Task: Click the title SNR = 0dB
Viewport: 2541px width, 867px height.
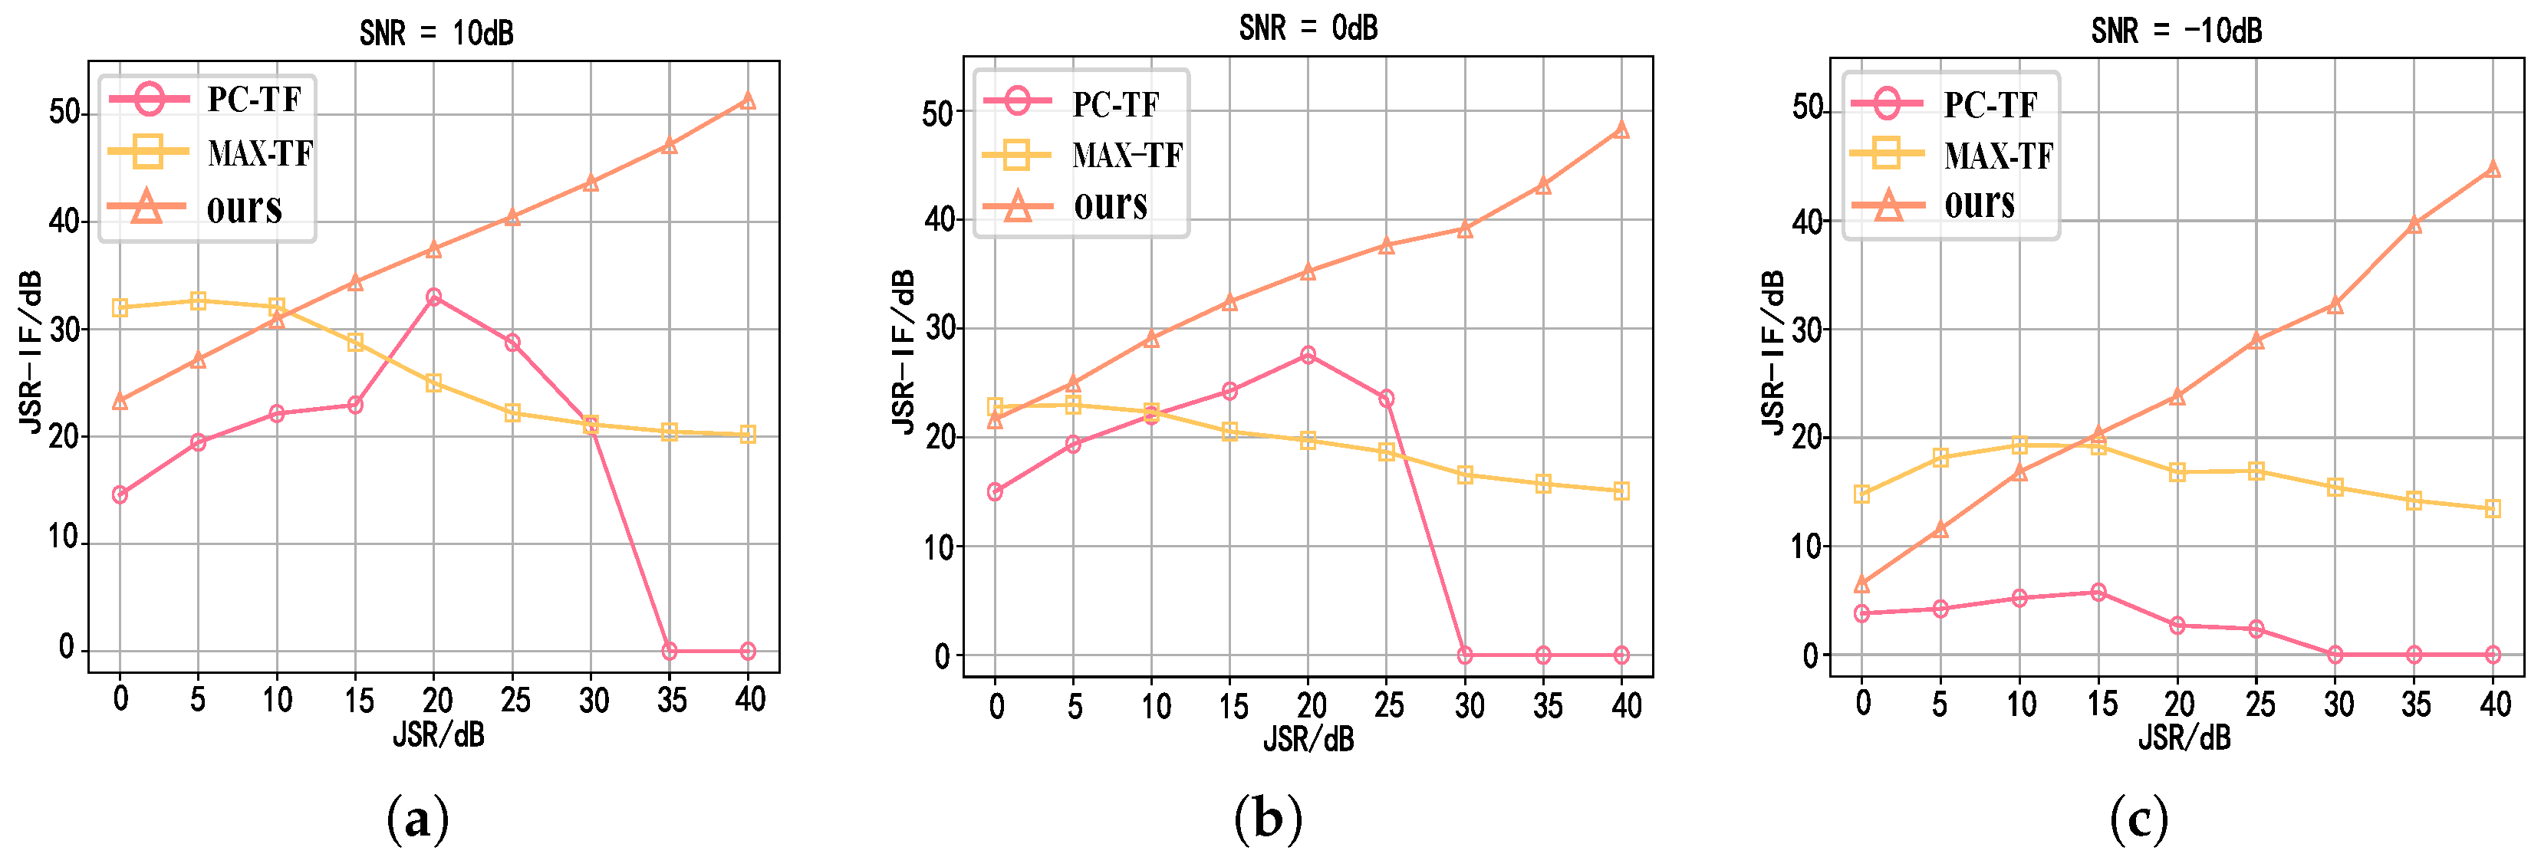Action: tap(1308, 28)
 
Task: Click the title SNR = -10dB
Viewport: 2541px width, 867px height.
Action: tap(2176, 31)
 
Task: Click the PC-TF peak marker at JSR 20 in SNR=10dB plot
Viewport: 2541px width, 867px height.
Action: tap(433, 297)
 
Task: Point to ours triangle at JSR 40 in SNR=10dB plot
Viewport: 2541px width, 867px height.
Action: tap(748, 100)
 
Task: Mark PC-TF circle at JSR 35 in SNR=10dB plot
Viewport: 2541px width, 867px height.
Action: tap(669, 651)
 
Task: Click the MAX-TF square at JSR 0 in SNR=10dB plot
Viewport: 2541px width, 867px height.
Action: tap(120, 307)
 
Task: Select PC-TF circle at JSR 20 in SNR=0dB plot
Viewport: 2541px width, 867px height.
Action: tap(1308, 355)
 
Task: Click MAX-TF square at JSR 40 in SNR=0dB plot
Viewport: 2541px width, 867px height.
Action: tap(1621, 491)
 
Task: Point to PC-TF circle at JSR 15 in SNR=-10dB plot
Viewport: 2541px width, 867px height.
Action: tap(2098, 592)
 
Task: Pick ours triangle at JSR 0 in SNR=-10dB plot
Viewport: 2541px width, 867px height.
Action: tap(1861, 584)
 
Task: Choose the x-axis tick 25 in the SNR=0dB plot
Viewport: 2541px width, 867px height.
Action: tap(1388, 705)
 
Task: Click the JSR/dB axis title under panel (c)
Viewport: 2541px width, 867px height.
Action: tap(2184, 737)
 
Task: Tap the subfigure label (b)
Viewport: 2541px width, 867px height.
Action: tap(1269, 819)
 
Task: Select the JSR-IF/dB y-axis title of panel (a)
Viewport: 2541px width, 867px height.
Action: tap(31, 351)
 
